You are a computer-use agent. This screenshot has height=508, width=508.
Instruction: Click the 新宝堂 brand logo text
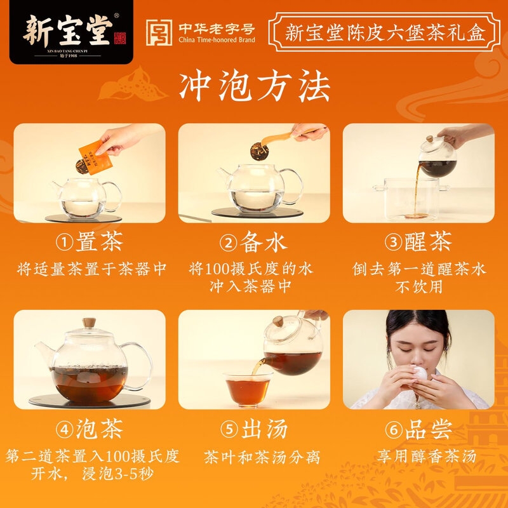(68, 30)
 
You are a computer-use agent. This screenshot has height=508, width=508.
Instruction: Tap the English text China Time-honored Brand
(217, 40)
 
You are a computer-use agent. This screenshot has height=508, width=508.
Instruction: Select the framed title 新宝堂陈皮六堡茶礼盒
(385, 32)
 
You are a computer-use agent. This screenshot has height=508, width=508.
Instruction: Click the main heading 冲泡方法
(255, 86)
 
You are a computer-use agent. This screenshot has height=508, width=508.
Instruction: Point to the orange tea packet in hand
(96, 157)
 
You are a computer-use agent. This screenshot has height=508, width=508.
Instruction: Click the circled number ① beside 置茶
(64, 243)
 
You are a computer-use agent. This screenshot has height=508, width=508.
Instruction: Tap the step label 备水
(264, 242)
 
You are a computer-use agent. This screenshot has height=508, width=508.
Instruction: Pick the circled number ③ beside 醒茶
(393, 243)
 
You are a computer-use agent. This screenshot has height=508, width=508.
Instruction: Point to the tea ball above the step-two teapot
(259, 151)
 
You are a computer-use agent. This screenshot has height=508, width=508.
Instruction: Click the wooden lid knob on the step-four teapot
(89, 323)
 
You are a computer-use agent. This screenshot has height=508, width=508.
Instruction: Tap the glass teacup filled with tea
(248, 390)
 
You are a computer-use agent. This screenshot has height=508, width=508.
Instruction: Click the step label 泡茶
(100, 429)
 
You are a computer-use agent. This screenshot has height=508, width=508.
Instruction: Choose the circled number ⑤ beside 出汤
(229, 429)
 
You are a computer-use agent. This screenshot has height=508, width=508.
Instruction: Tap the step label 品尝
(428, 429)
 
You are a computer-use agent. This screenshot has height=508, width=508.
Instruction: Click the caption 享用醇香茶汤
(427, 456)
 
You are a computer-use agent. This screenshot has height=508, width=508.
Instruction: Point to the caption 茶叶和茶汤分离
(262, 457)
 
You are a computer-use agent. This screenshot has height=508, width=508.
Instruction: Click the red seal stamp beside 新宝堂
(119, 38)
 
